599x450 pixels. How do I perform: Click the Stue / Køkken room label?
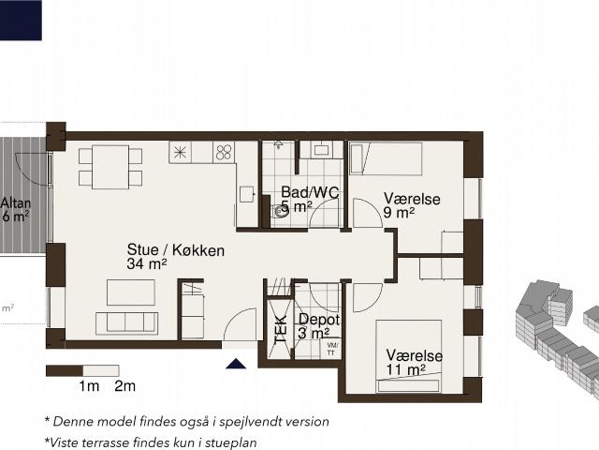coord(176,250)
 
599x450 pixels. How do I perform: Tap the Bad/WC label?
coord(310,192)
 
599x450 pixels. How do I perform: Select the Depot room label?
coord(319,319)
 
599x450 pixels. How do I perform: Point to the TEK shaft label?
coord(281,329)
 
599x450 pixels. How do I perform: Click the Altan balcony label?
coord(16,202)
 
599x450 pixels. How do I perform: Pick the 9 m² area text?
coord(399,213)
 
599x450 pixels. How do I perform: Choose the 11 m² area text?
coord(405,370)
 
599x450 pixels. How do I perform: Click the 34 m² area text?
coord(147,264)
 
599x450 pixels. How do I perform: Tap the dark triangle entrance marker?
coord(236,364)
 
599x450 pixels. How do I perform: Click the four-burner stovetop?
coord(224,152)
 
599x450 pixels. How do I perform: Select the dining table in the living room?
coord(110,167)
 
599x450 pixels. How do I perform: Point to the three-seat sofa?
coord(126,323)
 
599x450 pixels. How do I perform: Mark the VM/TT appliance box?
coord(330,349)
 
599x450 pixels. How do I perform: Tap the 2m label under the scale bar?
coord(124,386)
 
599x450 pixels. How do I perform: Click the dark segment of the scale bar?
coord(65,371)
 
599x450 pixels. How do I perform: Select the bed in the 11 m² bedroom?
coord(409,356)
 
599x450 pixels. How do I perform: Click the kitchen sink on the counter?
coord(247,194)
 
